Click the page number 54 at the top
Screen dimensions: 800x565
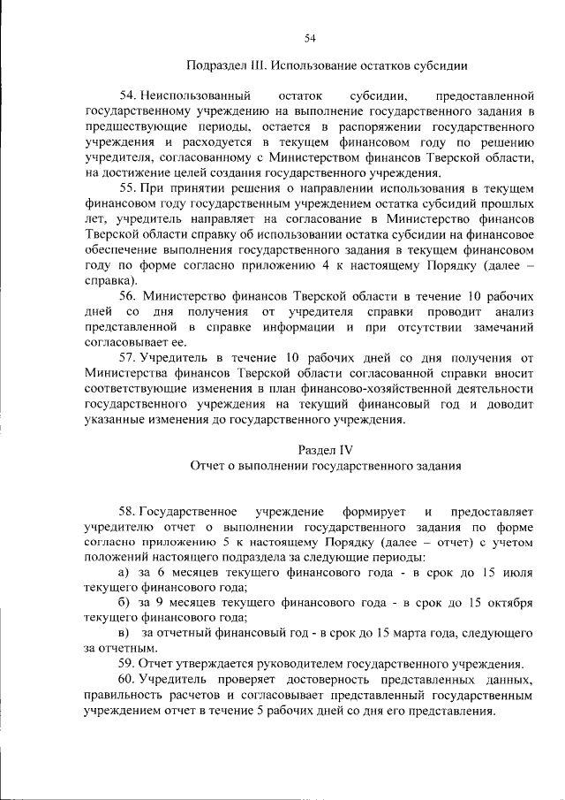(x=310, y=37)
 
